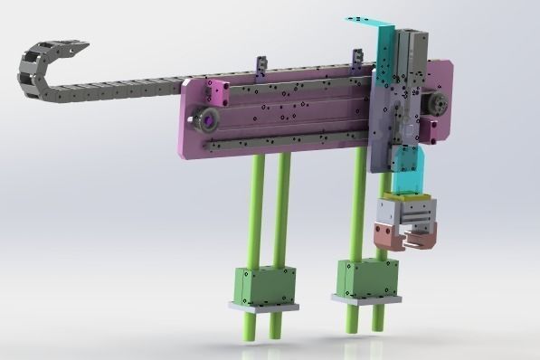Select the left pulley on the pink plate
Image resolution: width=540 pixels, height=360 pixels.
209,116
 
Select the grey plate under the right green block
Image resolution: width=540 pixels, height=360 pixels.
365,298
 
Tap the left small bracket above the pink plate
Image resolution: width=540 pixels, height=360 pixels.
261,65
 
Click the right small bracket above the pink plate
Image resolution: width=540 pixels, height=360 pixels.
355,62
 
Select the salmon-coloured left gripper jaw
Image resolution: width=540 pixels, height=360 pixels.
385,236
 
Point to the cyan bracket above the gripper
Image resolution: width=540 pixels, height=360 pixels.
412,172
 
